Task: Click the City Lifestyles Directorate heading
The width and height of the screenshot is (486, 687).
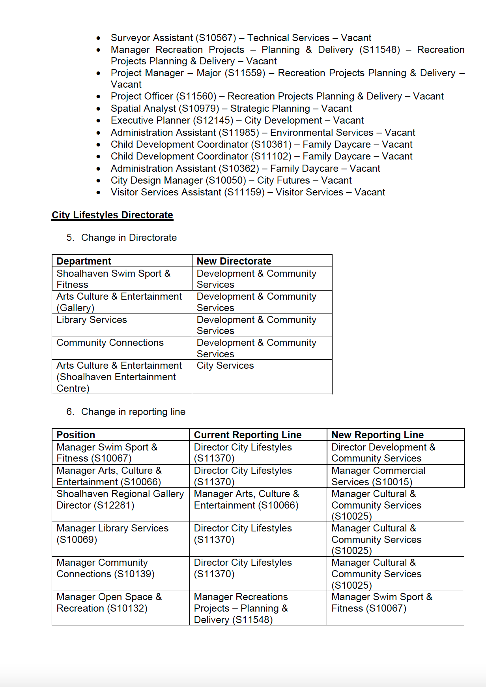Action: click(x=112, y=215)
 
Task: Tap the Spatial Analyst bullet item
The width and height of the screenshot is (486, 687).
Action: click(x=231, y=109)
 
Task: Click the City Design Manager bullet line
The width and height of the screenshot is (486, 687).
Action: click(x=231, y=180)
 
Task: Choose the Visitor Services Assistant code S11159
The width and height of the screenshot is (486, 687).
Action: click(x=245, y=192)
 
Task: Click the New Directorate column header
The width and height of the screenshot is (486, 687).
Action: click(x=234, y=261)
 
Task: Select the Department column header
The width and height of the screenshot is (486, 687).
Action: click(x=84, y=261)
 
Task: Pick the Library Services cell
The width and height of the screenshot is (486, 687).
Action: click(x=92, y=320)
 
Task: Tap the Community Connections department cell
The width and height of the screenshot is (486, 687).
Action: click(x=110, y=343)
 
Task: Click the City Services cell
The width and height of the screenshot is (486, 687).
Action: click(x=225, y=366)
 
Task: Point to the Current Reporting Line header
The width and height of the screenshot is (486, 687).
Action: click(x=248, y=435)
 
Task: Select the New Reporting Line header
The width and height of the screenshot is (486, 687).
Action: click(x=378, y=435)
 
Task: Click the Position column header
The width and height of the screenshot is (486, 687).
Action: click(x=76, y=435)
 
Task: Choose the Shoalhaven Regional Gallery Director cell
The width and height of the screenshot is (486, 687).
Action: click(x=120, y=499)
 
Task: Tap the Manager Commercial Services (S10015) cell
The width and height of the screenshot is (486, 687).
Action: click(x=378, y=476)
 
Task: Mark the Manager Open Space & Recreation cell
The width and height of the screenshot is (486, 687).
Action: click(x=109, y=603)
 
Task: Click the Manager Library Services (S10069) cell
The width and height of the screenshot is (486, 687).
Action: click(x=112, y=534)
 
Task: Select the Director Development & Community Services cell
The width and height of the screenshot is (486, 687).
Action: click(x=383, y=453)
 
